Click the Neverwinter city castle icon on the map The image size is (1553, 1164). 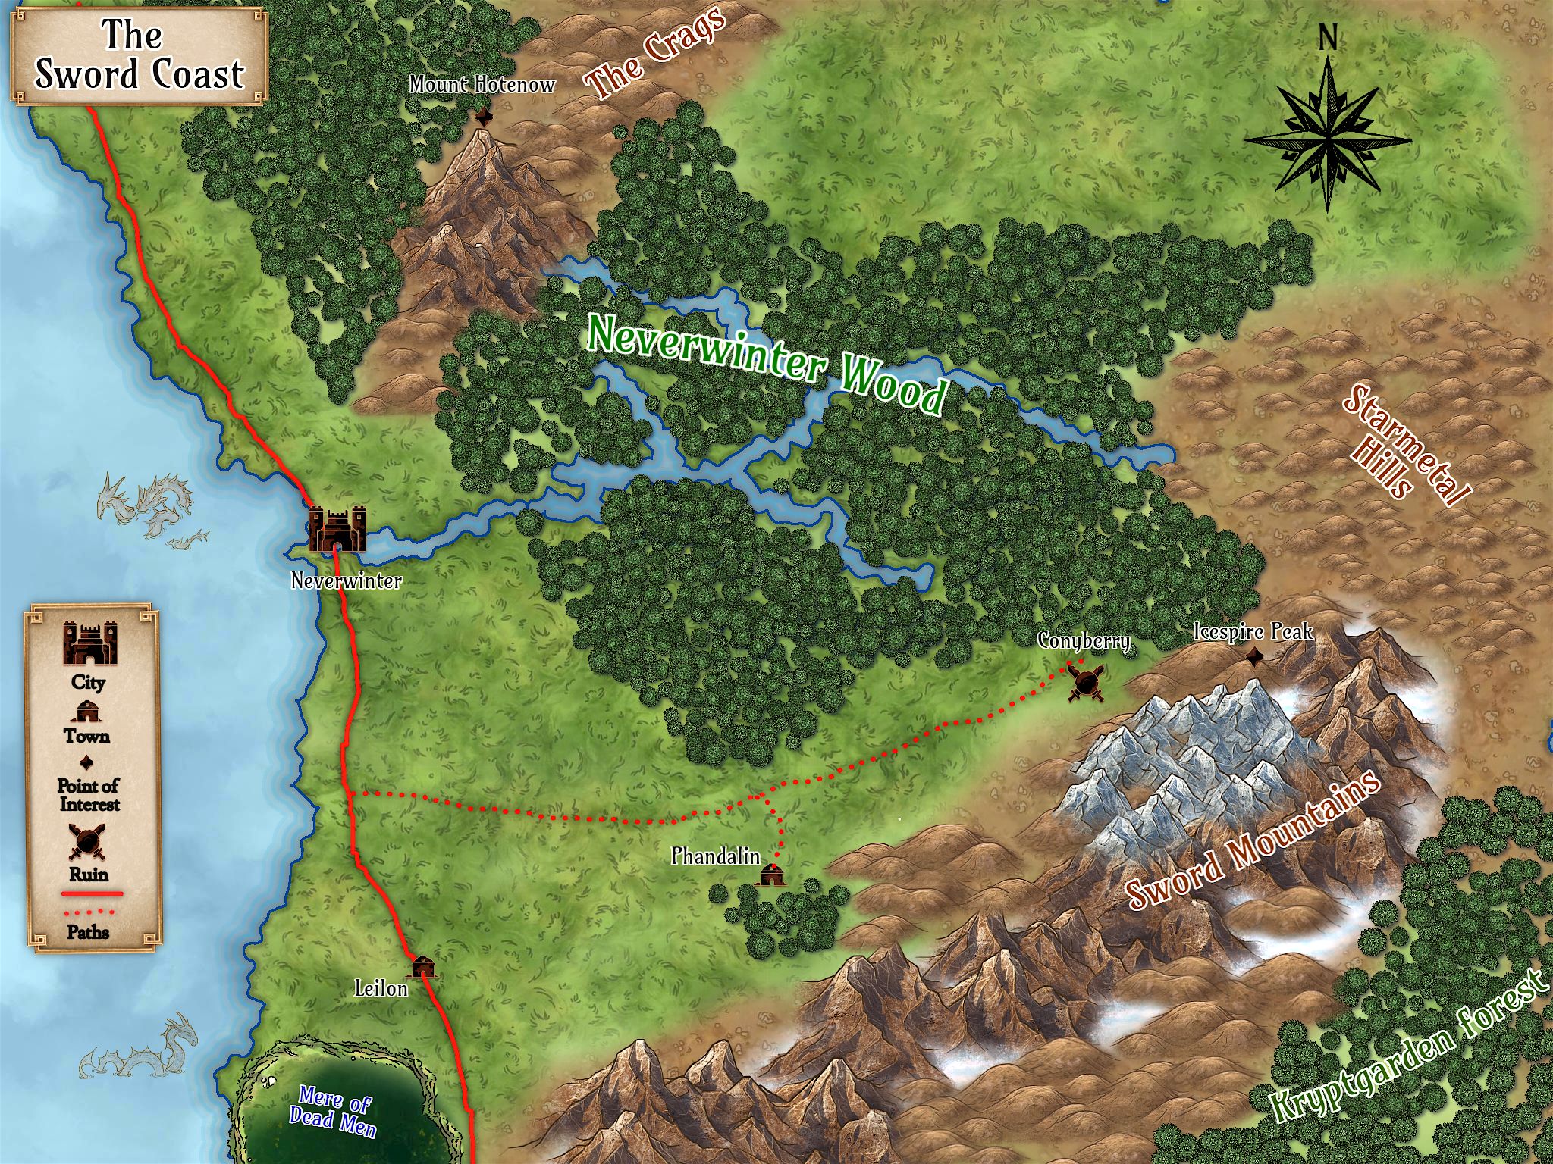337,528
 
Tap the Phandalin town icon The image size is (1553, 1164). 772,874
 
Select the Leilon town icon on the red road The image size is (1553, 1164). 423,966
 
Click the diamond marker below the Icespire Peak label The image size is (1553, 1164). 1255,657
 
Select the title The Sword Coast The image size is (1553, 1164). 139,55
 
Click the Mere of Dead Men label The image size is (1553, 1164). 333,1111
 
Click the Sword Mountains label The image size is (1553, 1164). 1251,841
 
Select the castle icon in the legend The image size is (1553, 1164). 89,643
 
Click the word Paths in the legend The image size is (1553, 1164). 89,931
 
